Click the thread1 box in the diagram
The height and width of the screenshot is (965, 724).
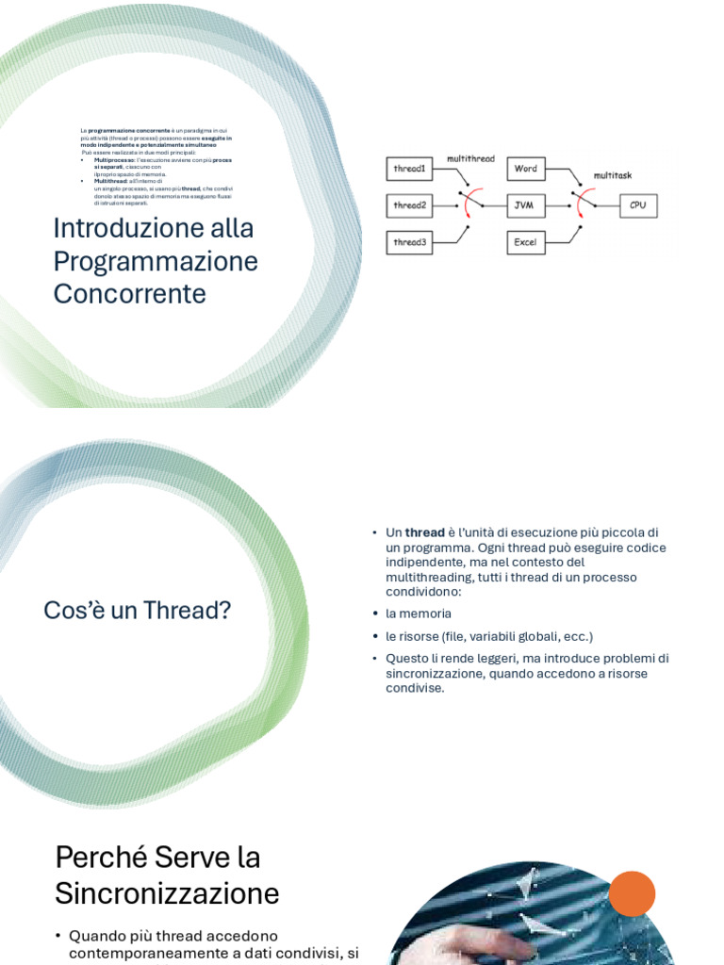[409, 169]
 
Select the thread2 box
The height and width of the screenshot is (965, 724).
[409, 205]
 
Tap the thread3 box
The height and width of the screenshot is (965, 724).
[409, 242]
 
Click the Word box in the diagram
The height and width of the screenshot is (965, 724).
[526, 169]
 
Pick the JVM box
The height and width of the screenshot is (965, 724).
[526, 205]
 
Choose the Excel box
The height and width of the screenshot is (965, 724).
[526, 242]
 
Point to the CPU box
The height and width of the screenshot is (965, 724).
[638, 205]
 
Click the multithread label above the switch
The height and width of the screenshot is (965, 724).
[470, 159]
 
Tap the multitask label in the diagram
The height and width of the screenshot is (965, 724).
[613, 175]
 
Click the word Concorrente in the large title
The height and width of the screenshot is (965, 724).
[129, 294]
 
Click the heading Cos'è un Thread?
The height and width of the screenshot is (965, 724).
[138, 611]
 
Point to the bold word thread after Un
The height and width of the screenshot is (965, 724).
[424, 532]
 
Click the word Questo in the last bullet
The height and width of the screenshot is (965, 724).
[408, 658]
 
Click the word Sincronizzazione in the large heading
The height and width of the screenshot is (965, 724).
[167, 893]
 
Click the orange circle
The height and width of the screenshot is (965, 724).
[632, 893]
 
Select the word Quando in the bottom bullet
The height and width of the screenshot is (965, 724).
[95, 936]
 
